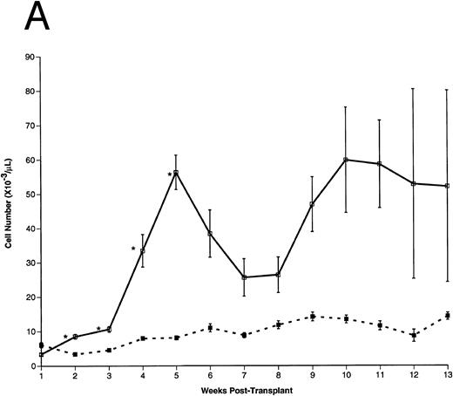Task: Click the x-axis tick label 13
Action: click(x=447, y=376)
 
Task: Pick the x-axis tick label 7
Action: click(x=244, y=376)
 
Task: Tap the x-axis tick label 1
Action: click(x=41, y=376)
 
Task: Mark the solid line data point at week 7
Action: click(x=244, y=277)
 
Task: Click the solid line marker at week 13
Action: click(x=447, y=186)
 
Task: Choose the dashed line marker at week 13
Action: click(x=447, y=316)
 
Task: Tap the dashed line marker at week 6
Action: click(x=210, y=328)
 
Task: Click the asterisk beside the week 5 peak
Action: click(x=169, y=175)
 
